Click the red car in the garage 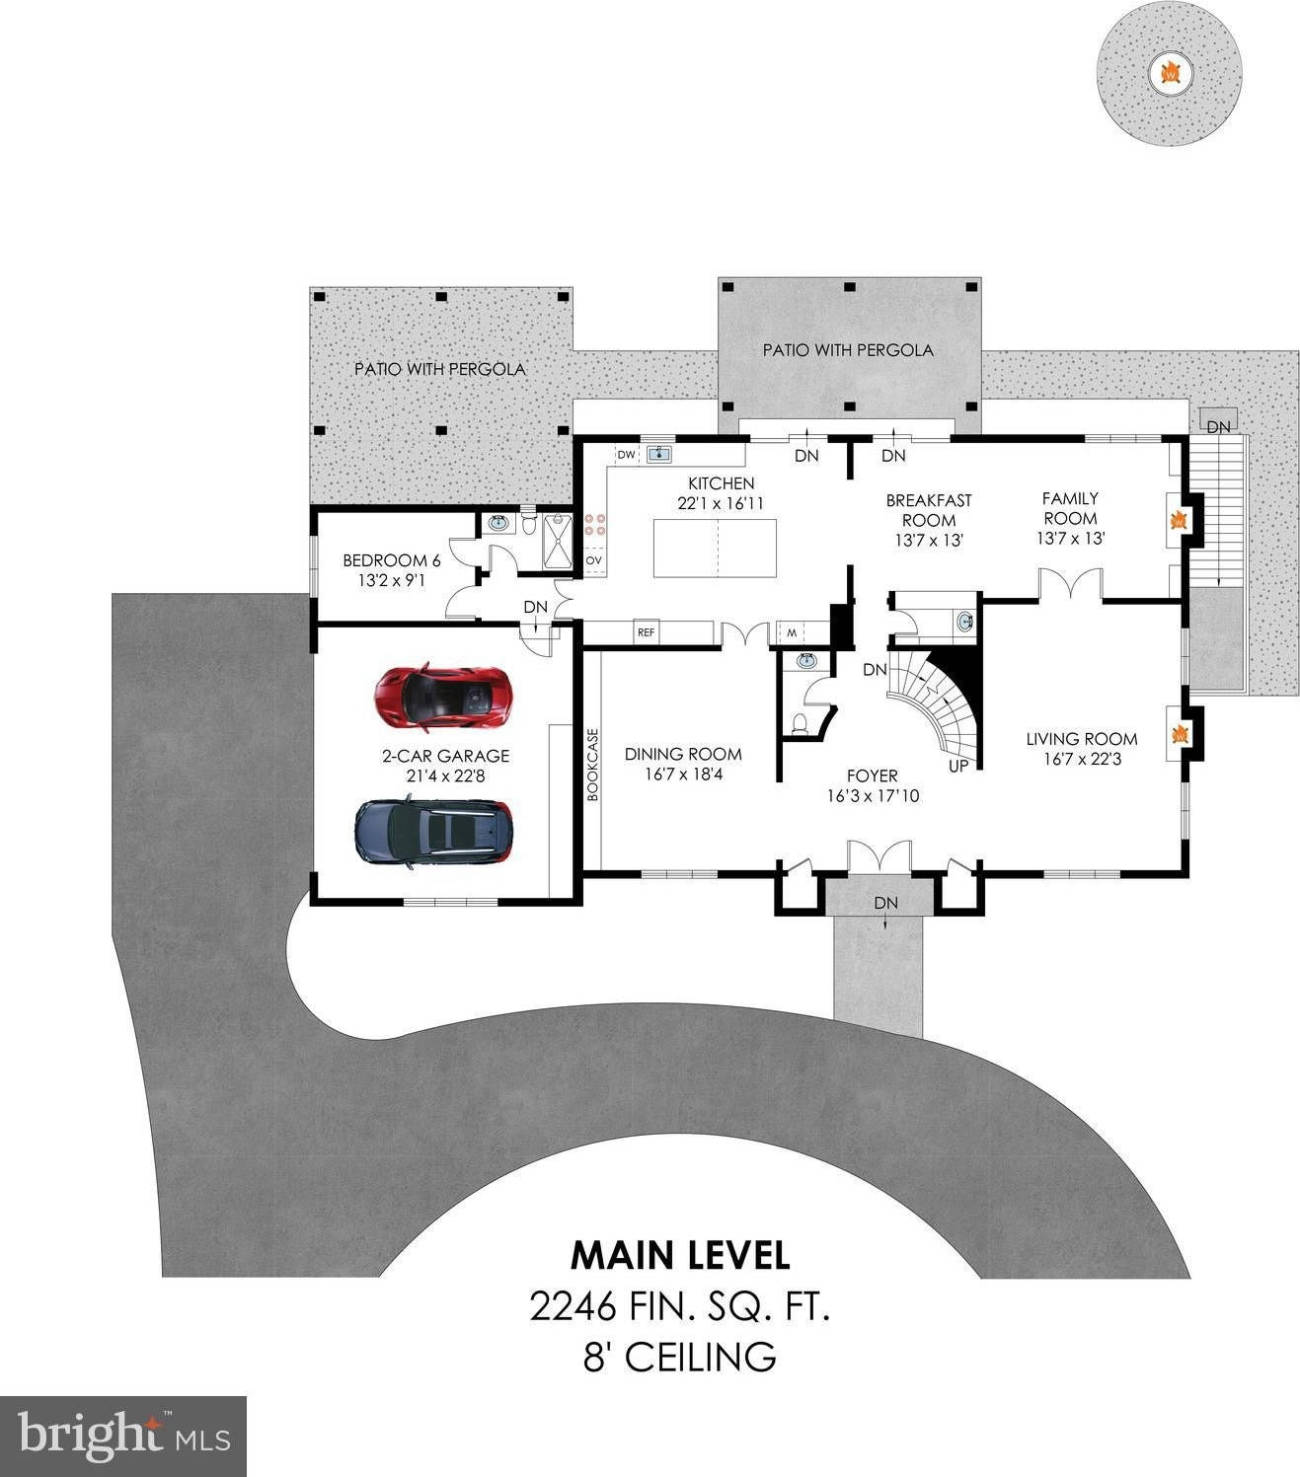[445, 697]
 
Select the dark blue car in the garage [434, 832]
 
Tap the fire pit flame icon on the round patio [1170, 70]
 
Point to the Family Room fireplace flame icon [1177, 519]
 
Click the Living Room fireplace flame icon [1177, 734]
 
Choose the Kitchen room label [721, 483]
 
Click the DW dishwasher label [626, 455]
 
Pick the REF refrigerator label [646, 632]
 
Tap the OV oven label [593, 560]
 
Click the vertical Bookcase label [593, 765]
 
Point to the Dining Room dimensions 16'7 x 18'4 [683, 775]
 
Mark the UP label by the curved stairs [956, 766]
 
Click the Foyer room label [873, 775]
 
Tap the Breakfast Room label [928, 510]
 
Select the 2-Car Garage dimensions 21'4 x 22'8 [445, 776]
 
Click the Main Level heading [680, 1255]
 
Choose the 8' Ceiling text [679, 1357]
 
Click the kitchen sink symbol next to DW [657, 454]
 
